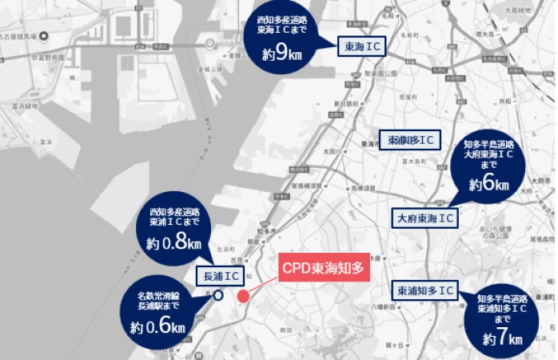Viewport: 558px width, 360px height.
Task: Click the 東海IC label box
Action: tap(362, 47)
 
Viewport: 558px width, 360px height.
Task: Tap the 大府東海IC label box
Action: tap(425, 218)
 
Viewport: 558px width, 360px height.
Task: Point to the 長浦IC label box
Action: tap(221, 276)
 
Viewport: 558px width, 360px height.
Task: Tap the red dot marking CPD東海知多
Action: tap(244, 297)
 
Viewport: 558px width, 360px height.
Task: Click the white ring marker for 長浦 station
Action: tap(218, 296)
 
